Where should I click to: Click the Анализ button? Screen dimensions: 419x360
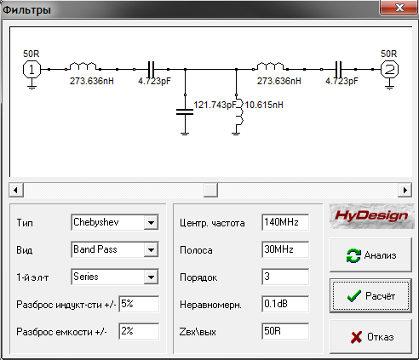pos(370,255)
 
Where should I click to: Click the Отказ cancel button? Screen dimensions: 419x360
pos(370,337)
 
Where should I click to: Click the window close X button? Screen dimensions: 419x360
pos(399,8)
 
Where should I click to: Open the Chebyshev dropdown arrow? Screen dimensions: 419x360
pos(151,222)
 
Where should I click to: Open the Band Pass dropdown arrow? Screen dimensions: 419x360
pos(151,249)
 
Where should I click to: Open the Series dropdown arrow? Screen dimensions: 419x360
pos(151,277)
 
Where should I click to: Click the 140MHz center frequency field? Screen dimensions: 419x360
pos(285,222)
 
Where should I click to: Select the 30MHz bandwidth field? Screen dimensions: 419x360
pos(285,249)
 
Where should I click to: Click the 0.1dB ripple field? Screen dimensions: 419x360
pos(285,304)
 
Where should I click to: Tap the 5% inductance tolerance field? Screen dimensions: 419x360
pos(139,304)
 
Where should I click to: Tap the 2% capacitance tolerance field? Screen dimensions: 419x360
pos(139,331)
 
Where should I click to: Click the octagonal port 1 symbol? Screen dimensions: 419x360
pos(32,69)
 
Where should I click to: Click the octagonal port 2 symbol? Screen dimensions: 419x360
pos(389,69)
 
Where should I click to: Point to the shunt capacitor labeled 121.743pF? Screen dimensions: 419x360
pos(185,111)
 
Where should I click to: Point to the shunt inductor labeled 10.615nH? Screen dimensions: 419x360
pos(238,113)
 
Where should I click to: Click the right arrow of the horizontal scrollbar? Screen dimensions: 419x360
pos(405,190)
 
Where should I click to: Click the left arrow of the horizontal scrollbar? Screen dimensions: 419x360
pos(16,190)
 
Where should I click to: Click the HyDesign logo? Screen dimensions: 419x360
pos(372,216)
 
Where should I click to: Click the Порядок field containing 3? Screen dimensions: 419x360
pos(285,277)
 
